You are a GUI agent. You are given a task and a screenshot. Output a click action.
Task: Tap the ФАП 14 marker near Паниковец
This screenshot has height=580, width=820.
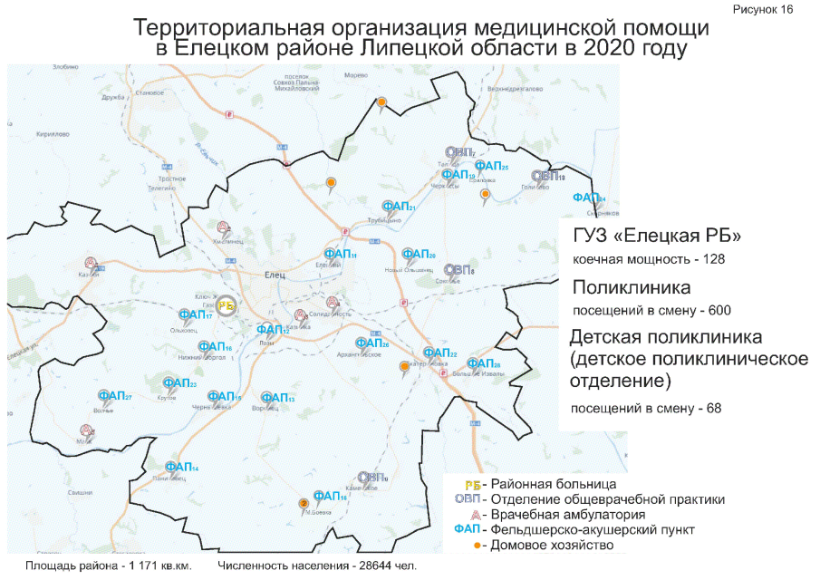tap(182, 468)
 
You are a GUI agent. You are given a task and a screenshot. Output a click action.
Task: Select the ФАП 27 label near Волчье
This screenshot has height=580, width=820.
tap(115, 397)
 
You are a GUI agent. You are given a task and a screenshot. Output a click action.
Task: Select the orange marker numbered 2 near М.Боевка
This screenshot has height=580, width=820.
tap(303, 503)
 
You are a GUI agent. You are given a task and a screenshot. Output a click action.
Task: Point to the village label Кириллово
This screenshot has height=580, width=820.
tap(53, 134)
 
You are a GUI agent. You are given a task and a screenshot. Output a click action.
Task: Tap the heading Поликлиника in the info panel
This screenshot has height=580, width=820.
tap(632, 287)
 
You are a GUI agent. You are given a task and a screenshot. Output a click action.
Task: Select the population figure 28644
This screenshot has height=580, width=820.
tap(362, 565)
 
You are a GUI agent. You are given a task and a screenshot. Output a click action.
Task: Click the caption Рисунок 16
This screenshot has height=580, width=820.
tap(771, 8)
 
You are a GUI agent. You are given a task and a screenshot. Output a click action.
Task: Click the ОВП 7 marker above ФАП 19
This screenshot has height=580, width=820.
tap(458, 151)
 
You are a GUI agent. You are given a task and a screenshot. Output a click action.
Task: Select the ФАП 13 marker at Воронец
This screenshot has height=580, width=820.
tap(277, 398)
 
